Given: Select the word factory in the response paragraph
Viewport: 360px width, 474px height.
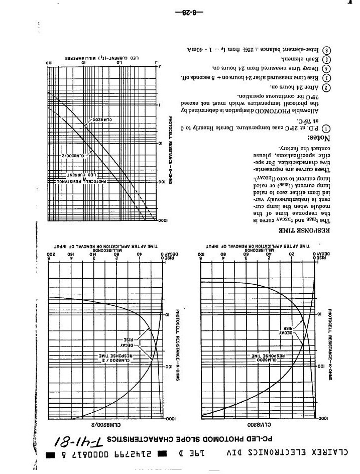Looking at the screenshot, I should click(290, 149).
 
